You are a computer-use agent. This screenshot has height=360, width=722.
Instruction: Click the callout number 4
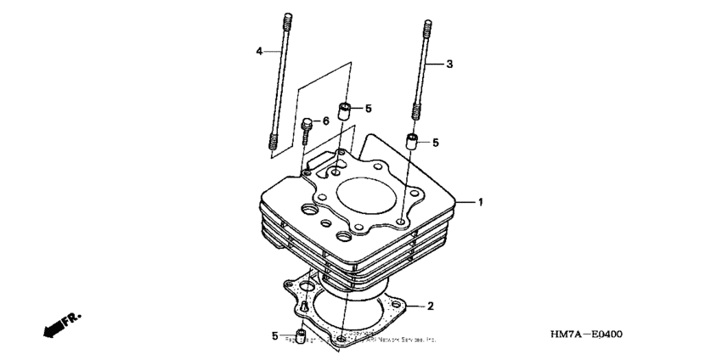pyautogui.click(x=259, y=52)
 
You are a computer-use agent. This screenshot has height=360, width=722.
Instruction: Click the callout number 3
pyautogui.click(x=450, y=65)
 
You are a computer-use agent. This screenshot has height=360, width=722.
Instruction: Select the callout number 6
pyautogui.click(x=325, y=121)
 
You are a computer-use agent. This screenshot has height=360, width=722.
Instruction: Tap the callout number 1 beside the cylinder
pyautogui.click(x=480, y=202)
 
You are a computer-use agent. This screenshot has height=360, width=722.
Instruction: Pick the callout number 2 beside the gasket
pyautogui.click(x=431, y=305)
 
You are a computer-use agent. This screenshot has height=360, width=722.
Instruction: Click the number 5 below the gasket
pyautogui.click(x=275, y=336)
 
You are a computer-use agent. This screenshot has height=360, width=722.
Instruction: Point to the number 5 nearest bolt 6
pyautogui.click(x=369, y=109)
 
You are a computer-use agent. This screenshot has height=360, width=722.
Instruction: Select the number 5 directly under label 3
pyautogui.click(x=435, y=143)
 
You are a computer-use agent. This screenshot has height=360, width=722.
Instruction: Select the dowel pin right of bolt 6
pyautogui.click(x=346, y=111)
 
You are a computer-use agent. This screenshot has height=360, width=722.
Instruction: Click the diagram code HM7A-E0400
pyautogui.click(x=586, y=334)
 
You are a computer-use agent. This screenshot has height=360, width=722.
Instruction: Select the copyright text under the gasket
pyautogui.click(x=365, y=340)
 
